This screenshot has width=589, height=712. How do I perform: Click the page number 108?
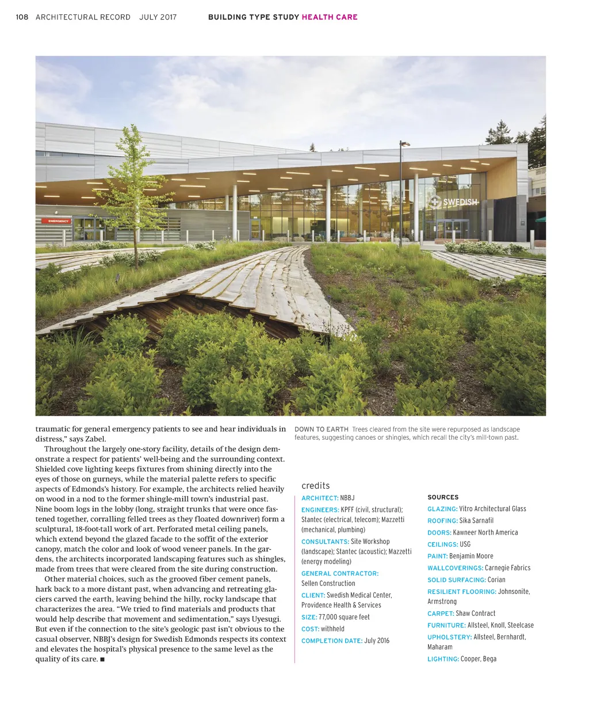tap(22, 17)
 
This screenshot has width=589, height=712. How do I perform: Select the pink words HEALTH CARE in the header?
tap(330, 17)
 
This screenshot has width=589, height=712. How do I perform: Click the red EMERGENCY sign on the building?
tap(58, 221)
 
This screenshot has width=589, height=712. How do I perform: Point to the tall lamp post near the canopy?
tap(401, 190)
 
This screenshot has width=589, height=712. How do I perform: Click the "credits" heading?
tap(315, 486)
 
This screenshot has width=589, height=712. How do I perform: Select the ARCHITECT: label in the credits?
tap(320, 498)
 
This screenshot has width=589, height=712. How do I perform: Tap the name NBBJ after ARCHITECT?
tap(347, 498)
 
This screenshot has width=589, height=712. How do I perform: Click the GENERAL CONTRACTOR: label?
tap(340, 573)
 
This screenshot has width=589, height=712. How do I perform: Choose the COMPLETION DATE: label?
tap(331, 641)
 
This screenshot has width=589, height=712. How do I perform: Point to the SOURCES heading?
tap(443, 497)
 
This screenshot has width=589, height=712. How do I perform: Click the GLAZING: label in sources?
tap(442, 509)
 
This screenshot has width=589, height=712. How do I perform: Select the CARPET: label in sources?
tap(441, 614)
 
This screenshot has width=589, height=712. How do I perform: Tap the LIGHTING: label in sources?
tap(443, 659)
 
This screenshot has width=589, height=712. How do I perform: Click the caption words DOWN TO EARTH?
tap(322, 429)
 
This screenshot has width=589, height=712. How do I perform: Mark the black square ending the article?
tap(102, 660)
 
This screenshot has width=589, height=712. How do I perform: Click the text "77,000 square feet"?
tap(344, 617)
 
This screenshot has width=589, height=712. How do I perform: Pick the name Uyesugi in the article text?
tap(266, 619)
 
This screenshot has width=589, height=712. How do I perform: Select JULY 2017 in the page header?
tap(158, 17)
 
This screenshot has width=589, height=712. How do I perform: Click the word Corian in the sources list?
tap(496, 580)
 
